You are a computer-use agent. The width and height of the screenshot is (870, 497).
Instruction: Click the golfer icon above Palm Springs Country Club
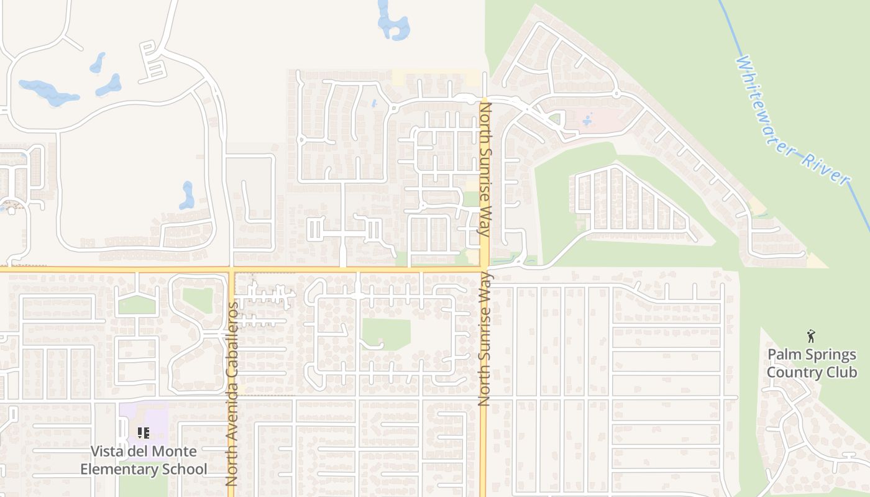pos(810,337)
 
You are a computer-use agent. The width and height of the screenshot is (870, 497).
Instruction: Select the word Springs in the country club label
pos(826,355)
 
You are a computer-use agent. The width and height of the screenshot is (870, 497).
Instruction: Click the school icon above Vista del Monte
pos(144,432)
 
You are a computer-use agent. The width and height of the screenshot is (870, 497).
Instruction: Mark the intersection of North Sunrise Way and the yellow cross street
pos(484,270)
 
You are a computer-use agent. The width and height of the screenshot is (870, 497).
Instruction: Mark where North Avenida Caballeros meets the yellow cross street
pos(232,270)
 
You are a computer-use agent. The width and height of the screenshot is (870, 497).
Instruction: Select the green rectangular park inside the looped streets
pos(386,334)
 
